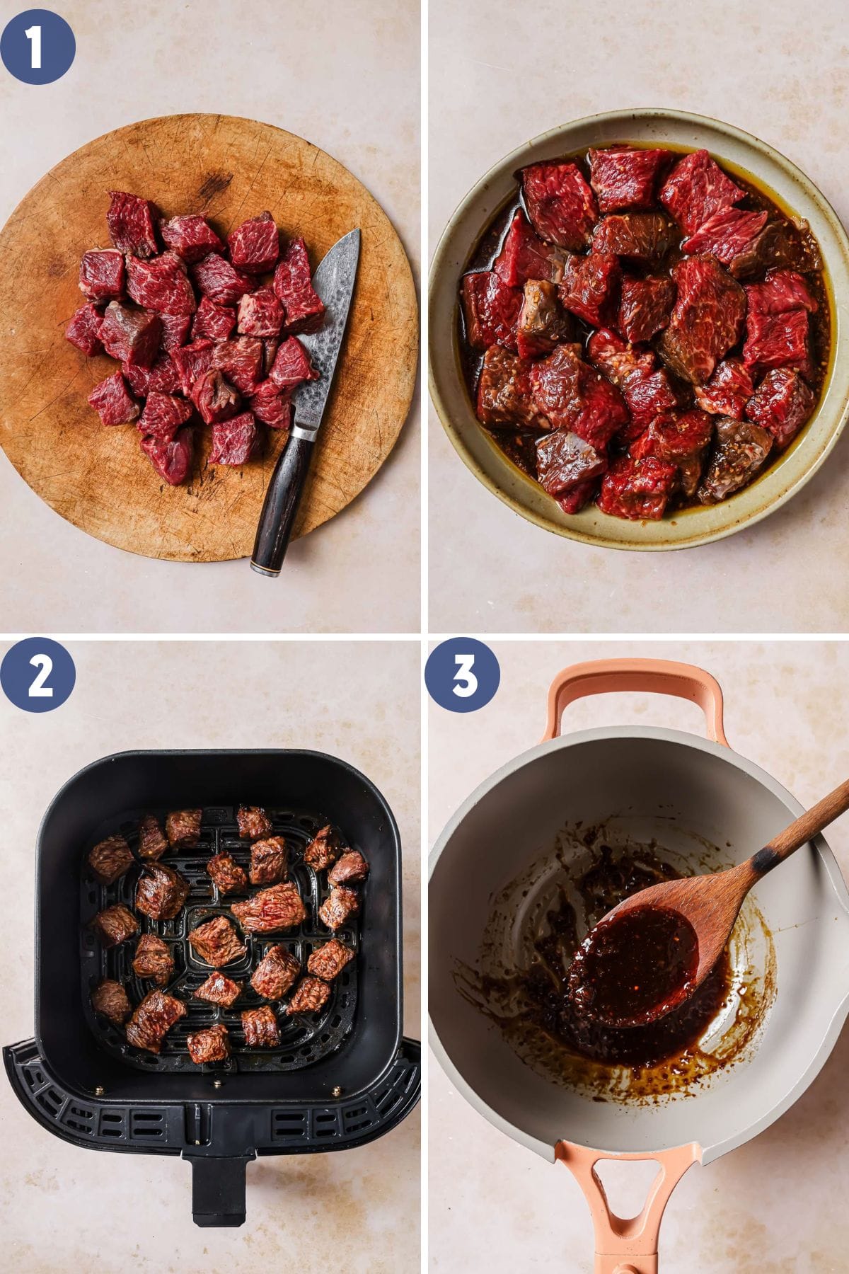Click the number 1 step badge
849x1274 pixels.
pyautogui.click(x=37, y=47)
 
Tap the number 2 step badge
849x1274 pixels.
pyautogui.click(x=37, y=678)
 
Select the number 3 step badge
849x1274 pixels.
pyautogui.click(x=462, y=678)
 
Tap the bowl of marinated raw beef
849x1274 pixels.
pyautogui.click(x=639, y=329)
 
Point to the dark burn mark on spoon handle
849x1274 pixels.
pyautogui.click(x=761, y=861)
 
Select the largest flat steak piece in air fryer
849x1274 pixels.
pyautogui.click(x=268, y=907)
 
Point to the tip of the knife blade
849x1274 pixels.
pyautogui.click(x=358, y=230)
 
